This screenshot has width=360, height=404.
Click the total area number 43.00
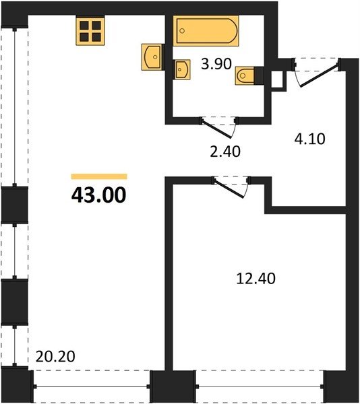(x=99, y=195)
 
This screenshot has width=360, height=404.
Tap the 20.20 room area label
(x=55, y=356)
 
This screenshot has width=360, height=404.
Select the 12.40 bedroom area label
(x=256, y=279)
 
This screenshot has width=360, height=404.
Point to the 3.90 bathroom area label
(x=216, y=64)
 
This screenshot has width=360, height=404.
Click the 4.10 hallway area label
(x=310, y=139)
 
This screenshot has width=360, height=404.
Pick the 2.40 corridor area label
(x=225, y=151)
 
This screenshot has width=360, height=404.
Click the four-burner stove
(x=90, y=30)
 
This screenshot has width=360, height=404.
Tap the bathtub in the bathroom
(x=206, y=31)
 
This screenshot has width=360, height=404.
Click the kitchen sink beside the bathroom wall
(x=152, y=57)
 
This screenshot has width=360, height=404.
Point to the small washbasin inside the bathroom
(x=182, y=69)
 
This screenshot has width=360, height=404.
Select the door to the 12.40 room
(x=229, y=187)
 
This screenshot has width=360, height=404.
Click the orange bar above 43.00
(x=99, y=176)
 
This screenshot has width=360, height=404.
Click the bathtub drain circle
(x=182, y=31)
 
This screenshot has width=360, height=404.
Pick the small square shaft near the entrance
(x=279, y=80)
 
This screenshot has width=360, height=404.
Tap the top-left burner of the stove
(x=84, y=26)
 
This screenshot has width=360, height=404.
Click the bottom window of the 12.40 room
(x=260, y=386)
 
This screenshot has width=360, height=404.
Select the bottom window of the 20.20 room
(x=92, y=386)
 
